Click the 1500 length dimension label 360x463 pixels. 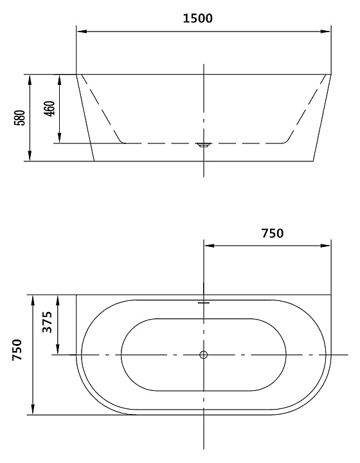point(198,18)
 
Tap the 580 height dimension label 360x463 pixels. point(20,118)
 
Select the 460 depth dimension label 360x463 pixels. point(50,109)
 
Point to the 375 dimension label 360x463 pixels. point(47,322)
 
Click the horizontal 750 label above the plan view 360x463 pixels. point(273,233)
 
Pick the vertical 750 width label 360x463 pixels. point(17,350)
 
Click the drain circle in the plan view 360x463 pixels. point(204,354)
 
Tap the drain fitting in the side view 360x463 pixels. point(204,145)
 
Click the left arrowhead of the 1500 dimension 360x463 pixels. point(82,32)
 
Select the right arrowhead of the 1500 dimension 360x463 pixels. point(326,32)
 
